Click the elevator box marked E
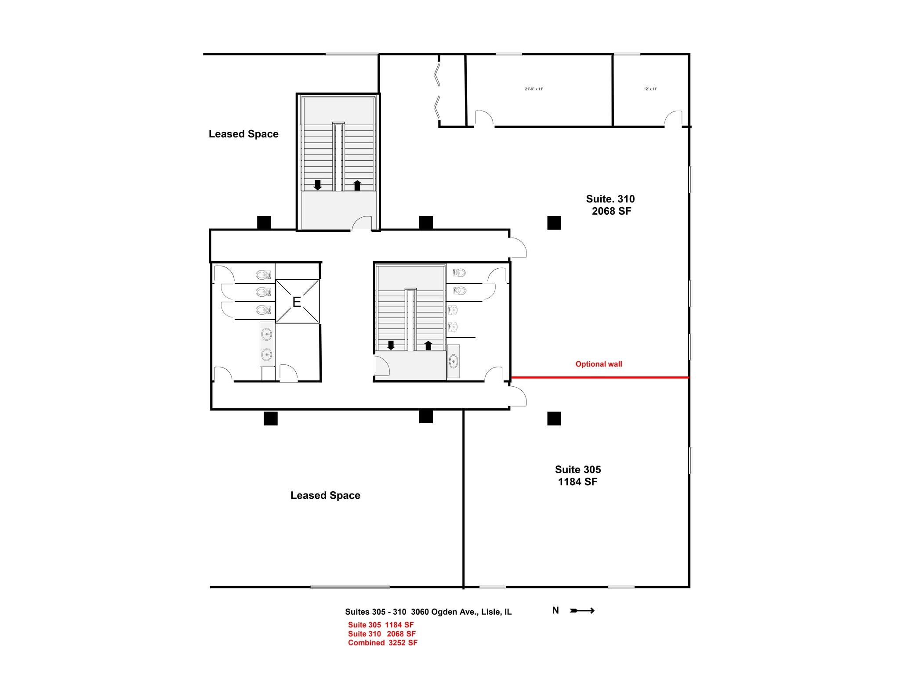[297, 302]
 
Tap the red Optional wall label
[599, 364]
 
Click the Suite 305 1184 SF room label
[577, 475]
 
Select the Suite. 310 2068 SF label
[610, 205]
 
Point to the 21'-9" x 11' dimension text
[533, 89]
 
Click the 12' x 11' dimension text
[650, 89]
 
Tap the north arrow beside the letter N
[582, 611]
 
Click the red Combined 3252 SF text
[382, 643]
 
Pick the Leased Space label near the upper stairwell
[243, 134]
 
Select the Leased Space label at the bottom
[325, 496]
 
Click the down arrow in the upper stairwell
[317, 185]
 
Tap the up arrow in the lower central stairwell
[428, 346]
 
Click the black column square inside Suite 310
[554, 223]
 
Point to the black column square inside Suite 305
[554, 418]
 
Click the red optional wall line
[600, 377]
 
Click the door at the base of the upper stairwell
[362, 223]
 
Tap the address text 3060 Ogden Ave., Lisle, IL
[461, 612]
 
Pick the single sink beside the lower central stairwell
[453, 361]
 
